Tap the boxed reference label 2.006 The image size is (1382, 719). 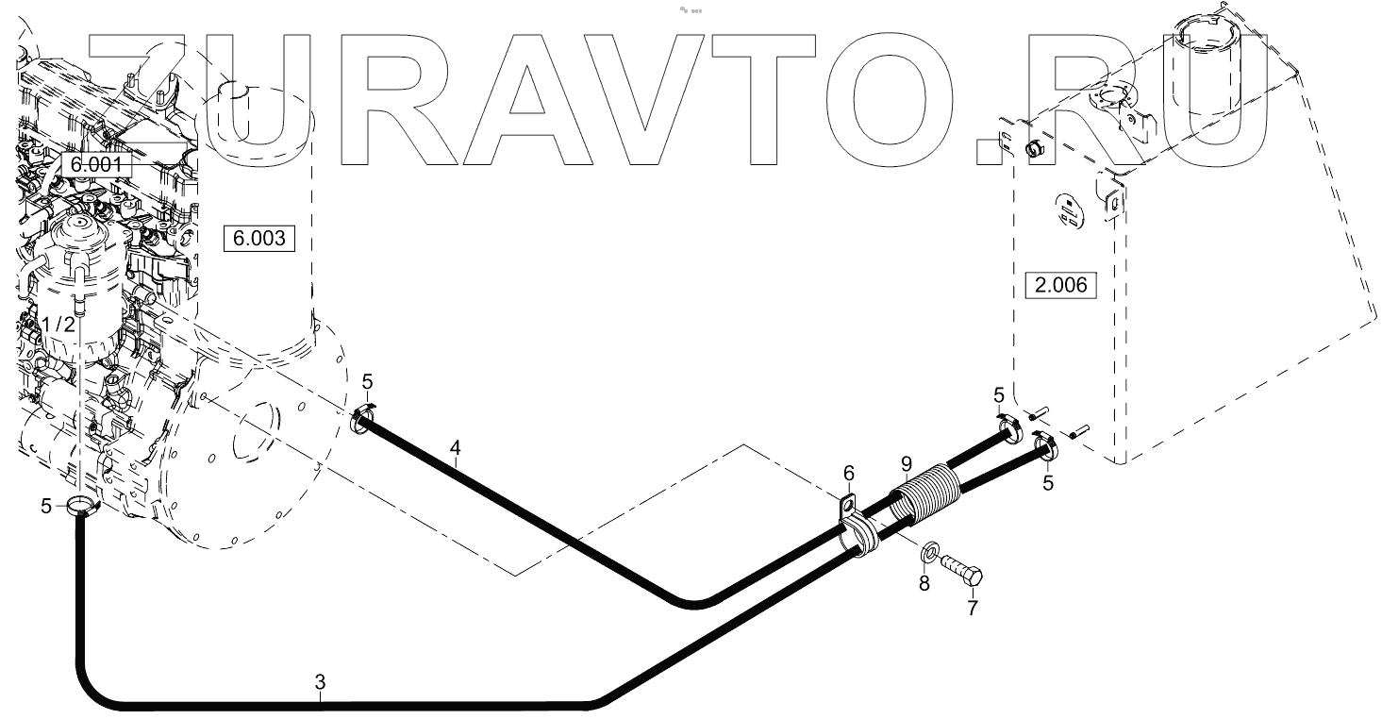point(1060,284)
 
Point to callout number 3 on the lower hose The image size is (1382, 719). point(320,681)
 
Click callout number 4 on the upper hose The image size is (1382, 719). point(456,449)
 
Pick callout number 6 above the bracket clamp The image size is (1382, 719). point(848,471)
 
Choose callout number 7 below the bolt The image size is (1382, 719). point(973,608)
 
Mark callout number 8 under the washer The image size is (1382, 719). point(924,583)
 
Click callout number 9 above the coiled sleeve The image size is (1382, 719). point(906,463)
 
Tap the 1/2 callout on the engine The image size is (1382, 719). point(58,324)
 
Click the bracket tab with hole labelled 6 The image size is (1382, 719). point(848,506)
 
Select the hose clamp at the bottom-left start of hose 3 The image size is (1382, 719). point(83,508)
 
